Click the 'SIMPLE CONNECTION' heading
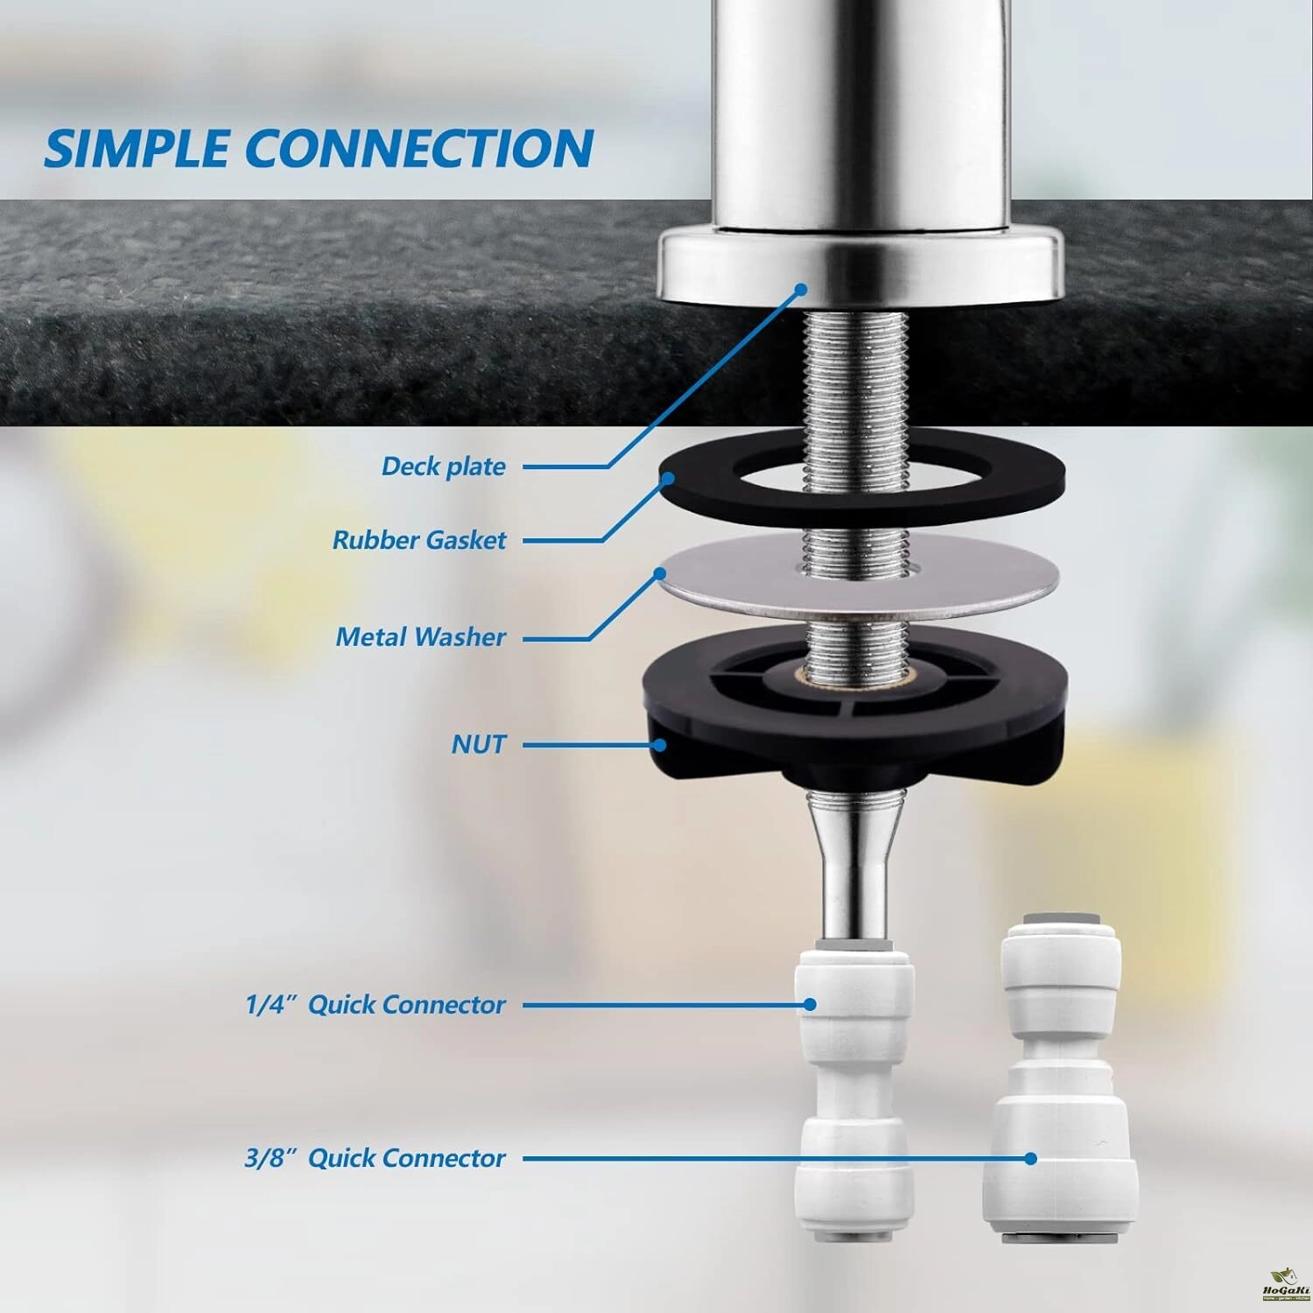point(319,149)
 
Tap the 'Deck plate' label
point(444,467)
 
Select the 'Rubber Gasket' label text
point(419,540)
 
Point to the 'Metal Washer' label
point(421,637)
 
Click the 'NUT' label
point(479,745)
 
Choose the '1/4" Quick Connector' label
point(376,1004)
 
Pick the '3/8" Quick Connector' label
point(376,1158)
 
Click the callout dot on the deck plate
point(800,289)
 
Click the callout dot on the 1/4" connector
point(811,1004)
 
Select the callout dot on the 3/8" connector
point(1031,1158)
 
